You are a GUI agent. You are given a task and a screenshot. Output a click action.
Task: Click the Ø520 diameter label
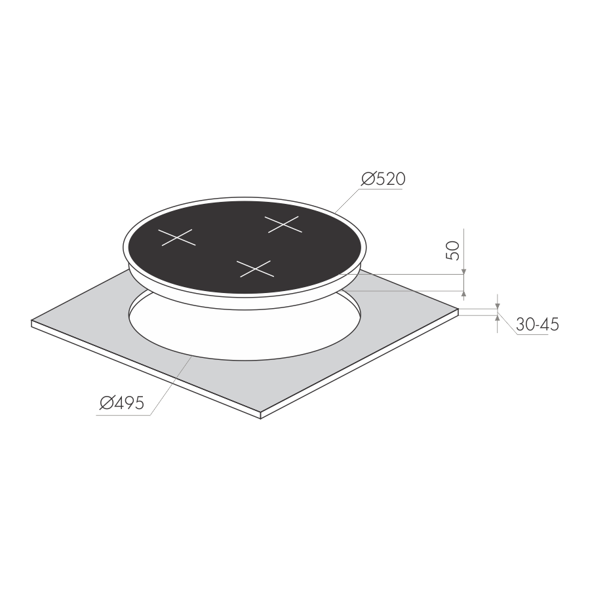(x=383, y=179)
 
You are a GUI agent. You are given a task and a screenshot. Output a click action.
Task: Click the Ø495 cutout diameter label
(x=121, y=403)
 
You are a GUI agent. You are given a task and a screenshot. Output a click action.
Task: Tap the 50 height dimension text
(x=452, y=250)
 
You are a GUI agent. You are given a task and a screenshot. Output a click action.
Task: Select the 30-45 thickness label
(x=538, y=324)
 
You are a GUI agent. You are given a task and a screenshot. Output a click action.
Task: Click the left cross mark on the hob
(x=177, y=237)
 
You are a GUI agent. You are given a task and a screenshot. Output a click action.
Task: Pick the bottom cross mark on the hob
(x=255, y=269)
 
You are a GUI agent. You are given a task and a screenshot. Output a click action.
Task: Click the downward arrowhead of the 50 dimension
(x=463, y=271)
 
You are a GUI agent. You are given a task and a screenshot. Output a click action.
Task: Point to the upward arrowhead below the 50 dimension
(x=463, y=294)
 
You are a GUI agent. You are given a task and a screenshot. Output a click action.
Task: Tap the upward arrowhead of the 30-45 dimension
(x=498, y=319)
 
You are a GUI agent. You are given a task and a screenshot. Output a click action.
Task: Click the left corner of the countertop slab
(x=31, y=321)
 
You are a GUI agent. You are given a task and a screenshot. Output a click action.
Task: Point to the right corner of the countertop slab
(x=459, y=309)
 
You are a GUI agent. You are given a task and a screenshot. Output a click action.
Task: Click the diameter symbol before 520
(x=368, y=179)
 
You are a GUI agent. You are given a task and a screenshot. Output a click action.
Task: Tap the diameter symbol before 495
(x=106, y=403)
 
